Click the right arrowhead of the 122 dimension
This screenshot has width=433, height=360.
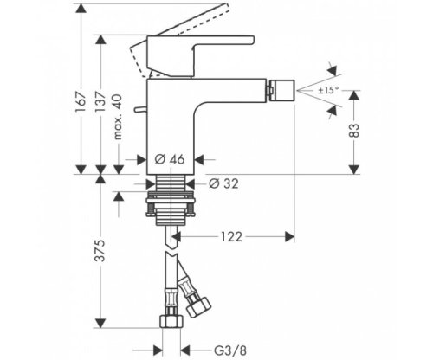click(x=293, y=235)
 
